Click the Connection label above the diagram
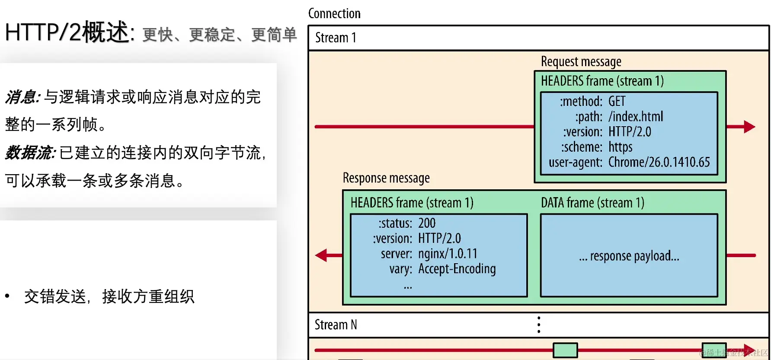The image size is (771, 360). click(x=334, y=13)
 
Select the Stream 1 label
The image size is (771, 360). click(x=336, y=38)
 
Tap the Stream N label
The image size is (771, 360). click(x=336, y=325)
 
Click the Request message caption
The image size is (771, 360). click(x=581, y=61)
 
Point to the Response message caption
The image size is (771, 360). click(x=386, y=178)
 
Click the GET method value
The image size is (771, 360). click(x=617, y=101)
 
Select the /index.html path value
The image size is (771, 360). click(x=635, y=116)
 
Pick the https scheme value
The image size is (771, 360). click(x=620, y=147)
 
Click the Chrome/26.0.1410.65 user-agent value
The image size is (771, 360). click(x=659, y=162)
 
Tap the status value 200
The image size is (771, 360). click(x=426, y=223)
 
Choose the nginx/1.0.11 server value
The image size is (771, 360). click(x=448, y=253)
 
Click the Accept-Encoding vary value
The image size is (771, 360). click(x=457, y=269)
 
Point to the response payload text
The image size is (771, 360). click(x=629, y=256)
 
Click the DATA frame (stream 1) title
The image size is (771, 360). click(x=592, y=203)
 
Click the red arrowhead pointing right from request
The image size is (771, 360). click(x=749, y=127)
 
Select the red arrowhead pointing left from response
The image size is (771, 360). click(x=321, y=255)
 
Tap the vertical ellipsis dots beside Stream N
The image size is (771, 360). click(x=538, y=325)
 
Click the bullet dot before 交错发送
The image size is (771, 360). click(x=7, y=296)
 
